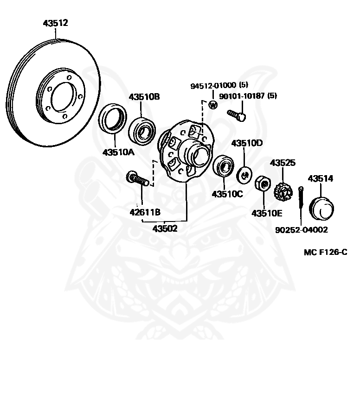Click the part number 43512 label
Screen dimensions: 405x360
(x=55, y=23)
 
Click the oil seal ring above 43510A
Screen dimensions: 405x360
(x=113, y=119)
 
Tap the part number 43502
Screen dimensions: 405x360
(x=165, y=228)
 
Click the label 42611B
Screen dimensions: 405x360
(x=145, y=213)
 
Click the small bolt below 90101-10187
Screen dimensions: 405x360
(x=237, y=114)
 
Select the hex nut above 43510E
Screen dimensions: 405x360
(x=263, y=184)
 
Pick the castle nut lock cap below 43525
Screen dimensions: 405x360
(x=282, y=191)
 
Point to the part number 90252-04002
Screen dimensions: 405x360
(x=301, y=229)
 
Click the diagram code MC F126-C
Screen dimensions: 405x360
(x=325, y=252)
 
